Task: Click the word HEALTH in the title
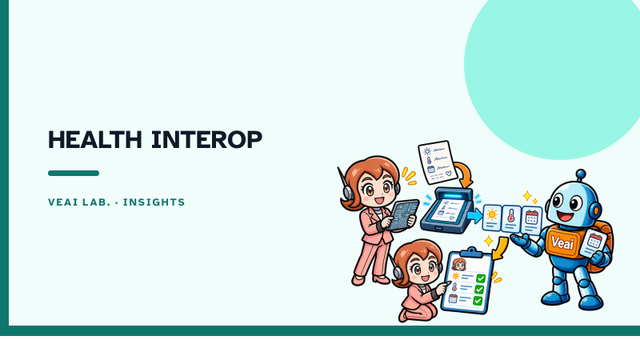point(95,139)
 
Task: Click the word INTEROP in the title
point(206,139)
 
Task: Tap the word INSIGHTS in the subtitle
point(154,202)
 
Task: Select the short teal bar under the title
point(74,173)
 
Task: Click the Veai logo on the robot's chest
point(562,242)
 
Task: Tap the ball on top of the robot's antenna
point(581,174)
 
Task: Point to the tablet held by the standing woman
point(404,214)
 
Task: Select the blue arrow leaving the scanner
point(474,215)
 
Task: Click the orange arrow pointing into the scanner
point(466,173)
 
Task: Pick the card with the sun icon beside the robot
point(492,218)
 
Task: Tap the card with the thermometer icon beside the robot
point(511,219)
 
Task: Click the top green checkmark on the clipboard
point(481,278)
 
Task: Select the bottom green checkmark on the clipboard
point(478,301)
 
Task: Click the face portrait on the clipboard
point(459,264)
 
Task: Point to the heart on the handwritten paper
point(448,173)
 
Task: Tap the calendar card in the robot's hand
point(594,243)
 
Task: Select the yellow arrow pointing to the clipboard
point(501,248)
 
